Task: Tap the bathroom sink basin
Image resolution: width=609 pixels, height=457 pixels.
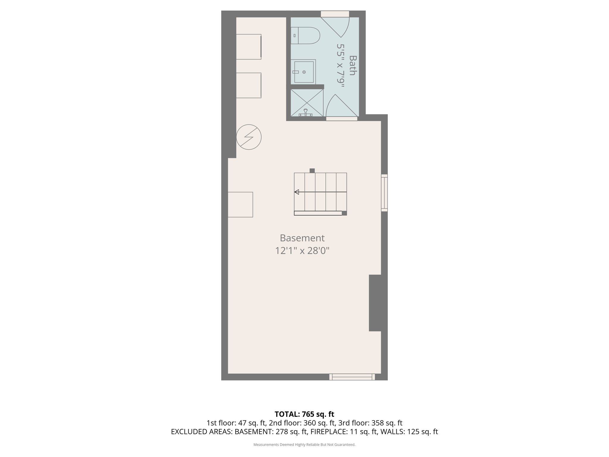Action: tap(304, 72)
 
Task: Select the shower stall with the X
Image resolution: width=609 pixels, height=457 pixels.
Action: tap(307, 103)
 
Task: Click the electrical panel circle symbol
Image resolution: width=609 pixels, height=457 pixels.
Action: tap(249, 137)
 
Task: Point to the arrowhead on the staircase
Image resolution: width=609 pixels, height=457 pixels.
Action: tap(296, 192)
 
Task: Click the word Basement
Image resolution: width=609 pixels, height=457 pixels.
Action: tap(302, 238)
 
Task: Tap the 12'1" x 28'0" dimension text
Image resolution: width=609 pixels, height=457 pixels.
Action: tap(302, 251)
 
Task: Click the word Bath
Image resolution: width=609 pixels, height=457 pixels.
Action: tap(352, 65)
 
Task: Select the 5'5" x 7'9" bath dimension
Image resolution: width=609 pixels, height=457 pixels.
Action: tap(341, 65)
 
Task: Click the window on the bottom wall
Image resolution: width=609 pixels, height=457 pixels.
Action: tap(352, 377)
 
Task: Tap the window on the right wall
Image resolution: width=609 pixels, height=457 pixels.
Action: tap(384, 193)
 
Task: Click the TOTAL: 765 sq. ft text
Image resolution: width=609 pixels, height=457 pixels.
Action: tap(304, 414)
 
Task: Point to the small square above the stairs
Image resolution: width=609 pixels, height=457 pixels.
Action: tap(312, 171)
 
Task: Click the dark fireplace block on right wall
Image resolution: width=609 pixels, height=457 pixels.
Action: tap(375, 303)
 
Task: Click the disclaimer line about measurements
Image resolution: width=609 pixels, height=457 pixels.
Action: tap(304, 445)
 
